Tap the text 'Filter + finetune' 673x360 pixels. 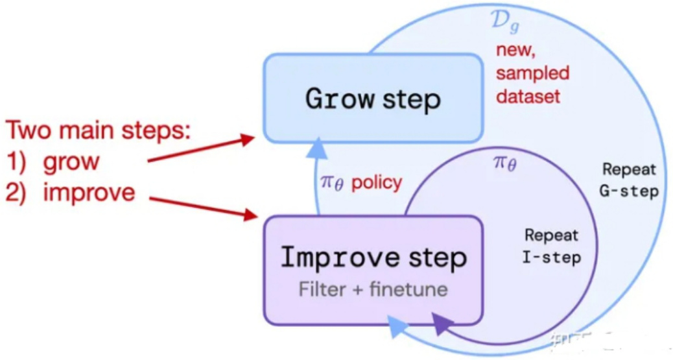click(x=373, y=289)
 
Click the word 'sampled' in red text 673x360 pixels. click(x=532, y=73)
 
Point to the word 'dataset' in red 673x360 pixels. click(x=528, y=97)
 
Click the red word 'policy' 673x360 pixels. click(x=377, y=183)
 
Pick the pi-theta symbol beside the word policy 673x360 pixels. click(x=333, y=183)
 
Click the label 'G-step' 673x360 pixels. click(x=629, y=191)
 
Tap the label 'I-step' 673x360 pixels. click(x=551, y=258)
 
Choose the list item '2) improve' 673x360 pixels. click(x=71, y=192)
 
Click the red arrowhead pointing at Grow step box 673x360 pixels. click(x=247, y=138)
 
